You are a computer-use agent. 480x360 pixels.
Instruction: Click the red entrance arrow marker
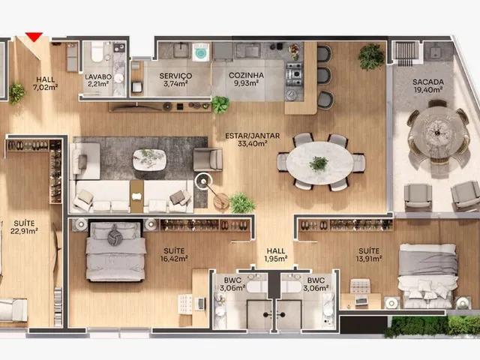click(34, 37)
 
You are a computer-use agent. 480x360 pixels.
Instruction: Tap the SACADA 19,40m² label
click(428, 85)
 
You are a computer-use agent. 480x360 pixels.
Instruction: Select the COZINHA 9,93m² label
click(246, 79)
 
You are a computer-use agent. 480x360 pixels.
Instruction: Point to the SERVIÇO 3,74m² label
click(175, 79)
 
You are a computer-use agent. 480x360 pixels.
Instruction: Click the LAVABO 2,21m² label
click(98, 80)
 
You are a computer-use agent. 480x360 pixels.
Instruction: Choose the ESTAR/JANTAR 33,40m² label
click(252, 139)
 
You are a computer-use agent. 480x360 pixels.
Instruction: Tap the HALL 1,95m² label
click(275, 255)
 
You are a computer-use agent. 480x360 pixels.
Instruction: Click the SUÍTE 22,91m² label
click(24, 227)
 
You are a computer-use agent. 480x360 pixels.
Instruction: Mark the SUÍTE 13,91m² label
click(368, 255)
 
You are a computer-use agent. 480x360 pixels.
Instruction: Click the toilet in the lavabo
click(97, 51)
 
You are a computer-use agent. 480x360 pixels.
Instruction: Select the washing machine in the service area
click(201, 52)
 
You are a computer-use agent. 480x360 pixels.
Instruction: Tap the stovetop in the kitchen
click(294, 73)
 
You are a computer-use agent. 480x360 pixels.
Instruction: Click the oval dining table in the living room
click(319, 163)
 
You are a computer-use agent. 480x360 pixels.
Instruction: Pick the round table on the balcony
click(438, 133)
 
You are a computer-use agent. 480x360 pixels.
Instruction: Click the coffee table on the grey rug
click(149, 159)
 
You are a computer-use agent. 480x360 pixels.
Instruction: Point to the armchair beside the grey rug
click(208, 159)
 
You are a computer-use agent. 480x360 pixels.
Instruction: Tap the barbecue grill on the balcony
click(405, 53)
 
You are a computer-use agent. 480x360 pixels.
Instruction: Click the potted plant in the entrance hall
click(16, 93)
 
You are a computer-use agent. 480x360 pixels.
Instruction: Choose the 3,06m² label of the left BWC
click(232, 288)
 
